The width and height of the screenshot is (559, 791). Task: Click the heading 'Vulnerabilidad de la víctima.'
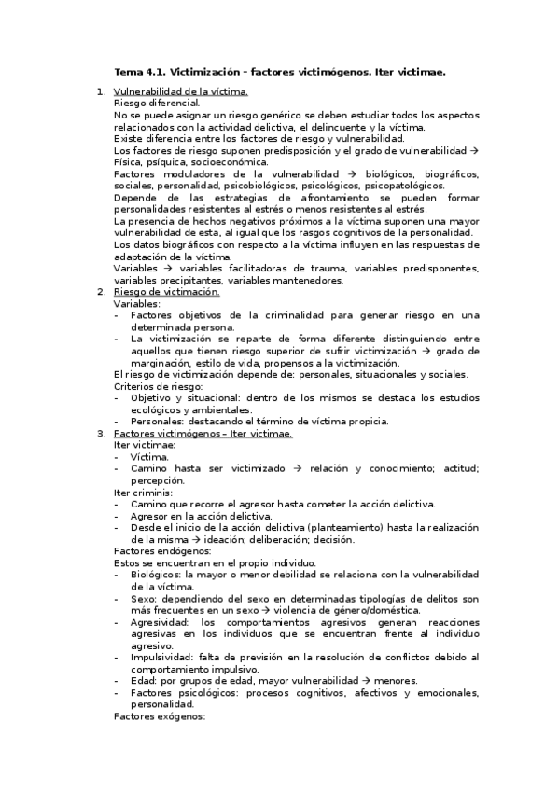(180, 91)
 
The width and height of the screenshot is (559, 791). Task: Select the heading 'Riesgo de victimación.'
(166, 292)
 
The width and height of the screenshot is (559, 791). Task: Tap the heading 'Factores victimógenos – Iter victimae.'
(203, 434)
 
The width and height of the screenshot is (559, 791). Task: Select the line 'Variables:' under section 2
(137, 304)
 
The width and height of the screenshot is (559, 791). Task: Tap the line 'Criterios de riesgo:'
(158, 386)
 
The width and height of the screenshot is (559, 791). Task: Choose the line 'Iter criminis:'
(144, 493)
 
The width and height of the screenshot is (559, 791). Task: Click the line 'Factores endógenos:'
(155, 551)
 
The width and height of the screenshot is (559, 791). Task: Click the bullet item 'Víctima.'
(150, 457)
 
